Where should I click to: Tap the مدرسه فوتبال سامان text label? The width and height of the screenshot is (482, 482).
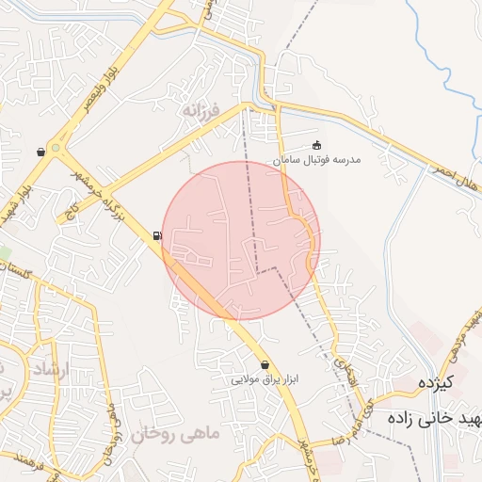pos(317,161)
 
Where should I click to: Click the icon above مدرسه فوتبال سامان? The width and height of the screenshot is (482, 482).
pos(316,145)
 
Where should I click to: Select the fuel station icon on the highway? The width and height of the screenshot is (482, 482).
pos(156,235)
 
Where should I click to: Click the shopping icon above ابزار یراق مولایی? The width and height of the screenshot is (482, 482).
pos(265,364)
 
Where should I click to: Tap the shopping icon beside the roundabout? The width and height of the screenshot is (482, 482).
pos(40,152)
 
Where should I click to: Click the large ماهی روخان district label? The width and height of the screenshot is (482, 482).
pos(174,434)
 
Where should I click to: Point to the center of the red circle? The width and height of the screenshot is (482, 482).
pos(241,240)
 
